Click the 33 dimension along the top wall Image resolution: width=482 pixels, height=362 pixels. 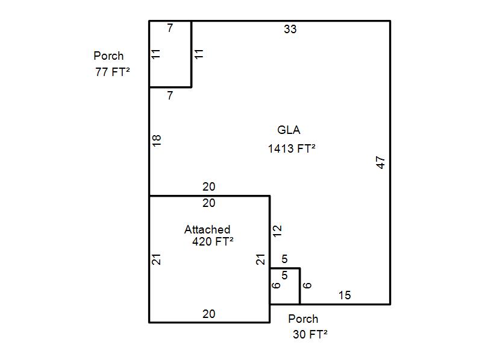coord(290,29)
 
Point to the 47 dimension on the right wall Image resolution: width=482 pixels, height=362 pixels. coord(381,162)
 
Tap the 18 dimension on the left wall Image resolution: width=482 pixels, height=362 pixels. coord(157,141)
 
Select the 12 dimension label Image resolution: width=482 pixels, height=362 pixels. coord(277,231)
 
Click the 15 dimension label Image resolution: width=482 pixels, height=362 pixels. coord(345,295)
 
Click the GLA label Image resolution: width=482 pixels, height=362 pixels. coord(289,130)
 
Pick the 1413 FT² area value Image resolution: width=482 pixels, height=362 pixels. coord(292,148)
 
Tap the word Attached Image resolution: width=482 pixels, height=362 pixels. coord(207,229)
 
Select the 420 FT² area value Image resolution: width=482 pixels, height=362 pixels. coord(213,241)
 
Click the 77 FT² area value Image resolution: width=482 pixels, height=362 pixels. coord(113,72)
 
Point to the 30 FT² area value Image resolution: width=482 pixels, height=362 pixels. coord(310,334)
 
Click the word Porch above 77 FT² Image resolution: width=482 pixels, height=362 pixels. coord(108,56)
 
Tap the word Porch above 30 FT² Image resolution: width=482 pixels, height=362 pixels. coord(303,319)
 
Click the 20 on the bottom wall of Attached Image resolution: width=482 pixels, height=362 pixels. coord(208,314)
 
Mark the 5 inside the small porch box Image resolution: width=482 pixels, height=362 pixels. coord(284,275)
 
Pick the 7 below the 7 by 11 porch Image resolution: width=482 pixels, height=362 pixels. coord(170,95)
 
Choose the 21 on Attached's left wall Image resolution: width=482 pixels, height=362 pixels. coord(157,259)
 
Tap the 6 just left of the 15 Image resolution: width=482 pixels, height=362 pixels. coord(307,285)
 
